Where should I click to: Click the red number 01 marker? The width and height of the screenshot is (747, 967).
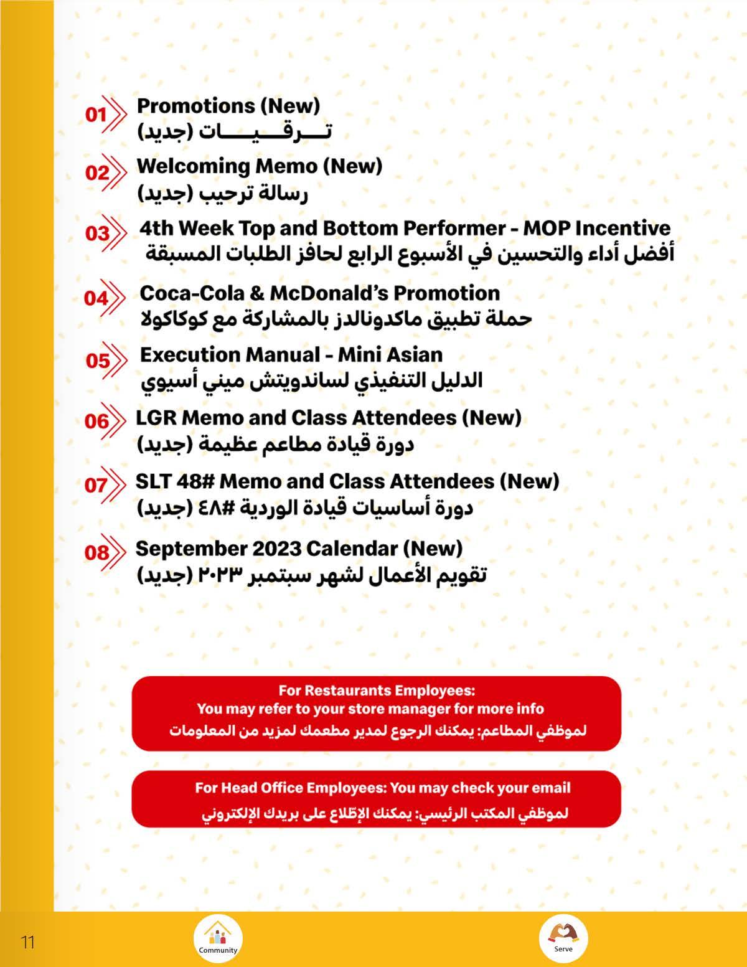coord(96,115)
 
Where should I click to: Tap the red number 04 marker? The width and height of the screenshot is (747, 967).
coord(96,298)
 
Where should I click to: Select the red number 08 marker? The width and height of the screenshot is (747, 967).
coord(96,552)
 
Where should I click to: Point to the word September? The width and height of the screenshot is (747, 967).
coord(191,549)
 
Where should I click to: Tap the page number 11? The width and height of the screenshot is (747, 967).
coord(28,941)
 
